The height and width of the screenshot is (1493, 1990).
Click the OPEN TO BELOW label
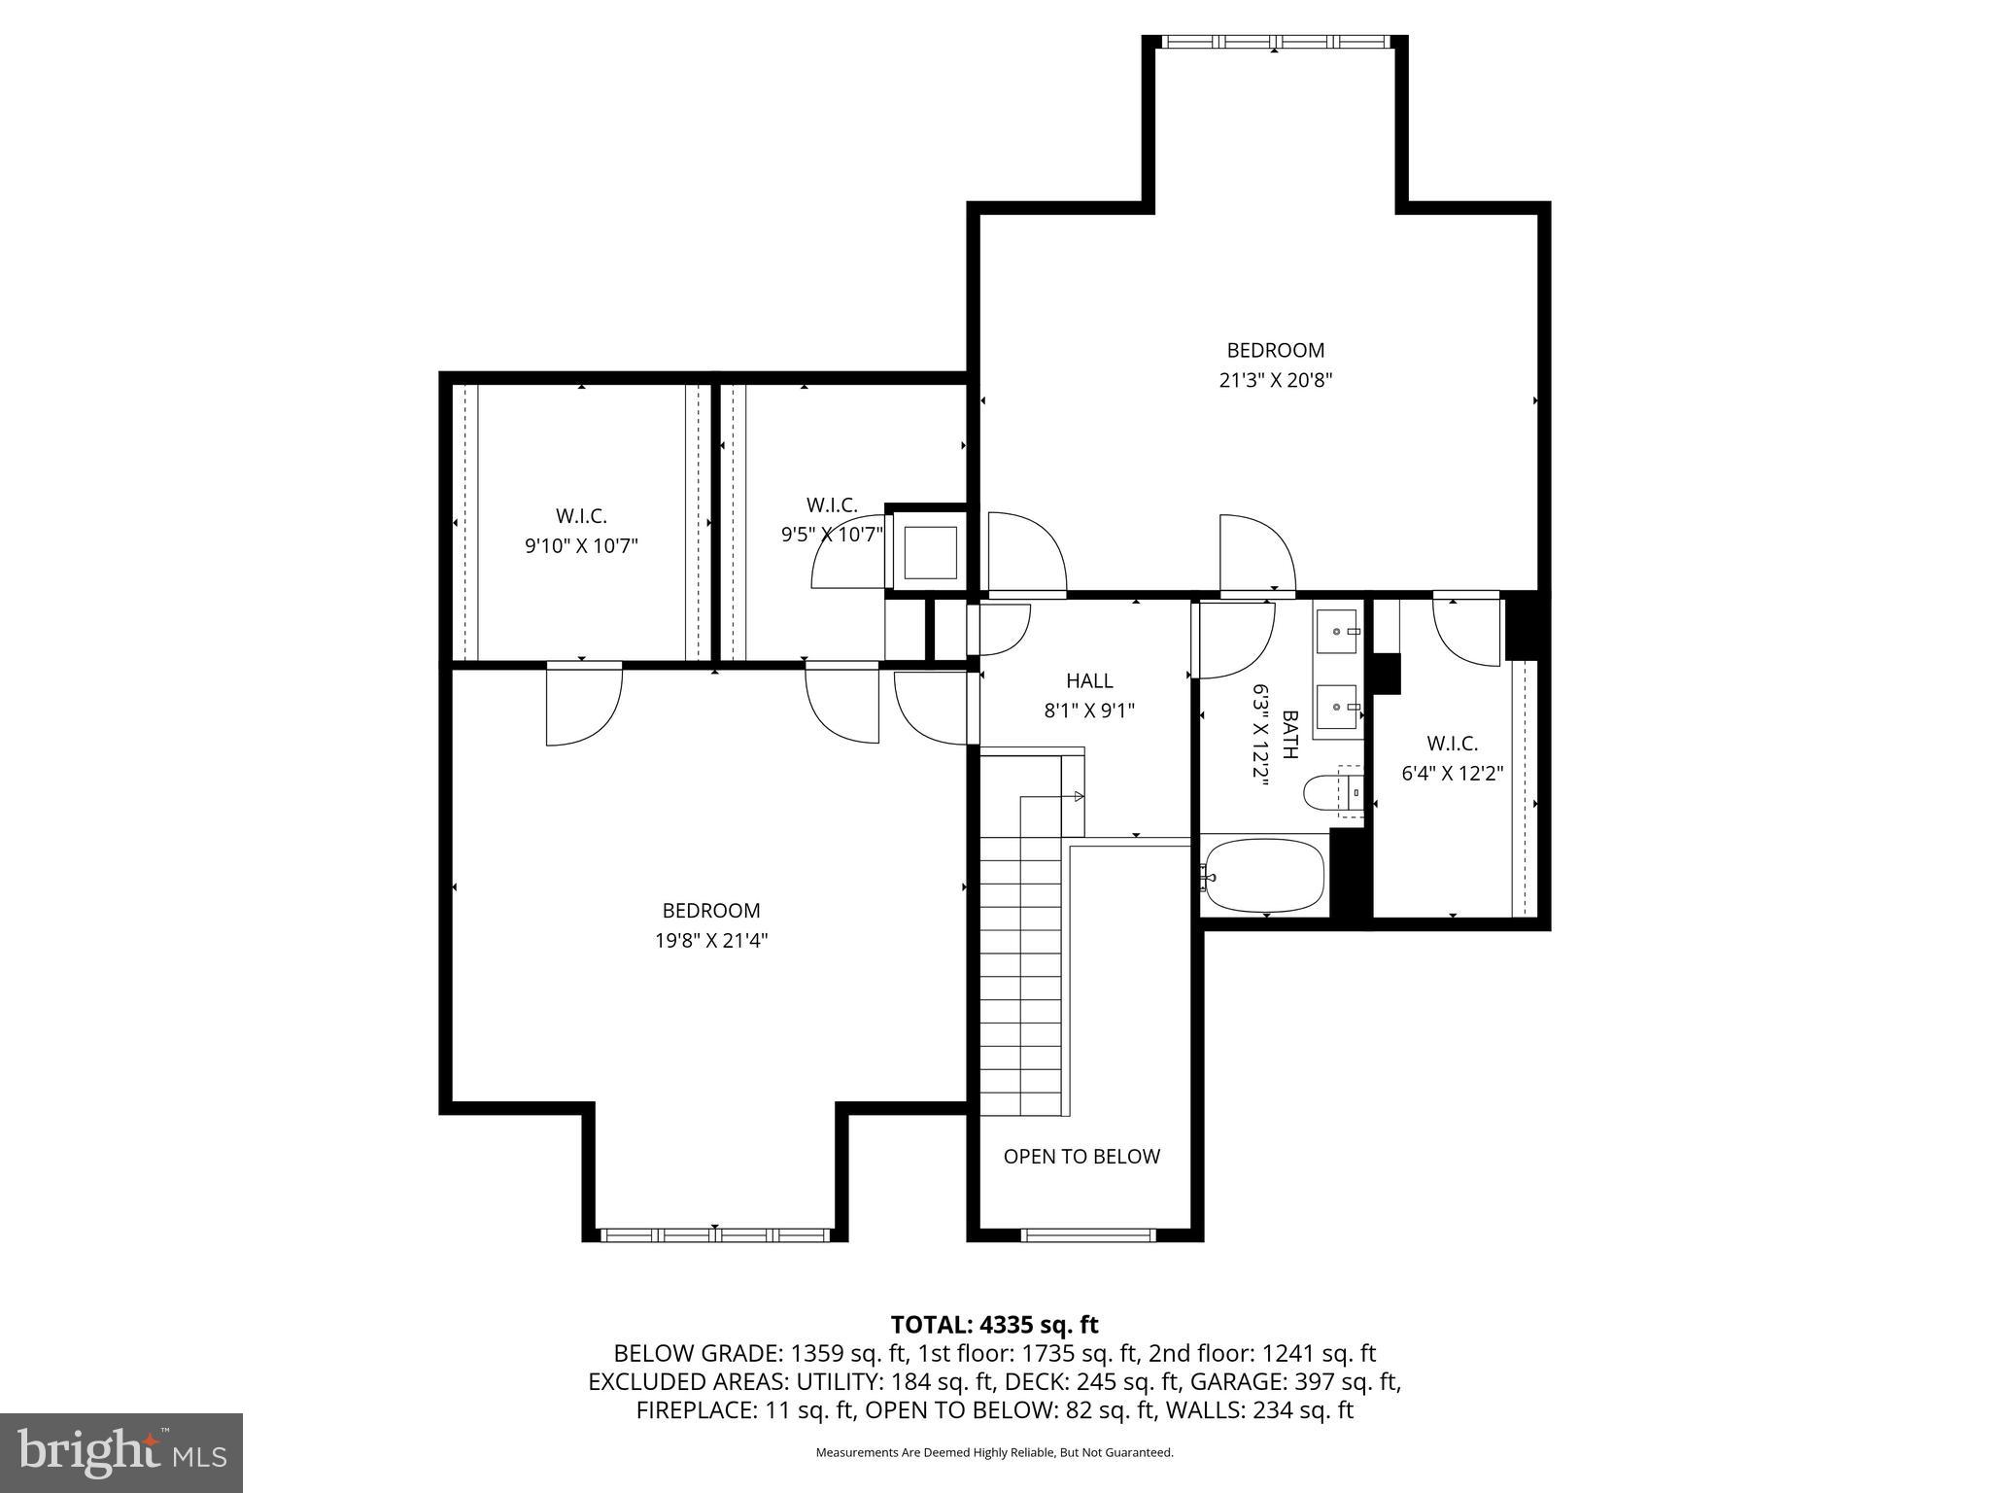coord(1081,1157)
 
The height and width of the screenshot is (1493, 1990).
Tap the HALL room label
coord(1089,680)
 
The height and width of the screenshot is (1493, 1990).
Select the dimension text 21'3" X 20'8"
coord(1275,381)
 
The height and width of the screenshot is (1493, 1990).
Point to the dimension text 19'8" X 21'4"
coord(711,941)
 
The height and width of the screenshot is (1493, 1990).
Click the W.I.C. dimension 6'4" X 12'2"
coord(1452,774)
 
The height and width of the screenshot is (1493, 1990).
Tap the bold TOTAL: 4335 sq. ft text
coord(994,1325)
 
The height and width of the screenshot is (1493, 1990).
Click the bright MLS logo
coord(121,1453)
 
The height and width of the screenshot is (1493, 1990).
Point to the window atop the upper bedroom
coord(1275,42)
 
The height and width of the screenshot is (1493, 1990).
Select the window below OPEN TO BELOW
coord(1087,1235)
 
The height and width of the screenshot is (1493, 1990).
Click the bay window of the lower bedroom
coord(714,1234)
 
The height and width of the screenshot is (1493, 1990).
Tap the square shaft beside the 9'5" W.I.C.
coord(930,553)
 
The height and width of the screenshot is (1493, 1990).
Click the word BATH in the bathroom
coord(1291,734)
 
